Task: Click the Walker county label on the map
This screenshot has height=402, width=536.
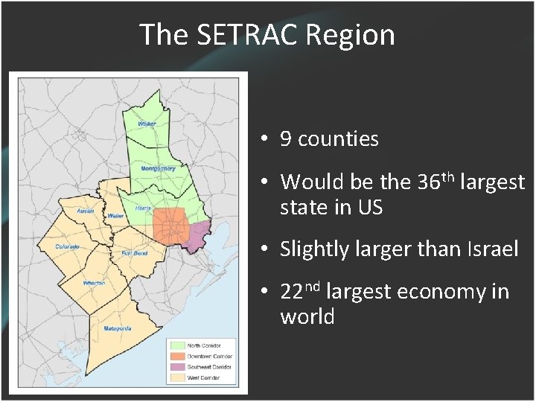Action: (147, 124)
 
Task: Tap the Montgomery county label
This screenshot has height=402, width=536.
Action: (158, 168)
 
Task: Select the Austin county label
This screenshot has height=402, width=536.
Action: (86, 211)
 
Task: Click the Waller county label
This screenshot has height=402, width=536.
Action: (115, 216)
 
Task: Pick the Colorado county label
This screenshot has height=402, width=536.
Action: (66, 246)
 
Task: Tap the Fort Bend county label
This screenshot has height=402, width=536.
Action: (134, 253)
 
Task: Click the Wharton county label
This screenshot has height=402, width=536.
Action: (94, 283)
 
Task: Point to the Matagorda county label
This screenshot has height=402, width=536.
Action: (118, 328)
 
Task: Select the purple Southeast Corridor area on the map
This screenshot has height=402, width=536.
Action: (199, 237)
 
